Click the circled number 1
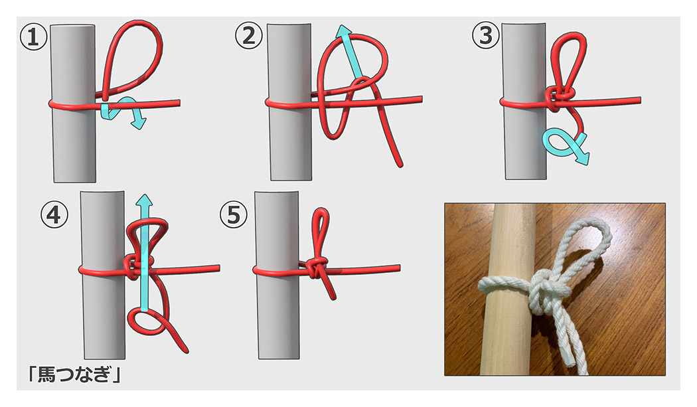(x=34, y=37)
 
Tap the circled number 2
(x=249, y=36)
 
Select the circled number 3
(x=485, y=36)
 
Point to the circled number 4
(x=54, y=215)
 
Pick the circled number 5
(x=234, y=215)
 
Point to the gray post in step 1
(x=73, y=103)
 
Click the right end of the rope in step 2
(x=420, y=99)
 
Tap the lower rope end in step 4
(x=185, y=350)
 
